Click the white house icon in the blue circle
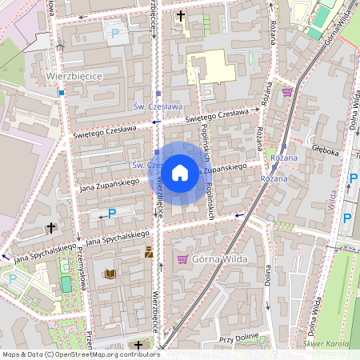pyautogui.click(x=179, y=173)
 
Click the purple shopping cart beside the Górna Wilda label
pyautogui.click(x=182, y=259)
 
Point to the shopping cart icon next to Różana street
pyautogui.click(x=286, y=92)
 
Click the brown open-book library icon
pyautogui.click(x=110, y=274)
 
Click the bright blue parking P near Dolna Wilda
pyautogui.click(x=347, y=218)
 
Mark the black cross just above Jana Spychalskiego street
pyautogui.click(x=51, y=228)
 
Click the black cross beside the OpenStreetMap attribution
pyautogui.click(x=138, y=345)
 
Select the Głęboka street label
pyautogui.click(x=326, y=148)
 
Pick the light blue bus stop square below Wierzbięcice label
pyautogui.click(x=61, y=93)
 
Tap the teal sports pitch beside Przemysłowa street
pyautogui.click(x=17, y=279)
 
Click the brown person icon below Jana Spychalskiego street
pyautogui.click(x=148, y=252)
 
